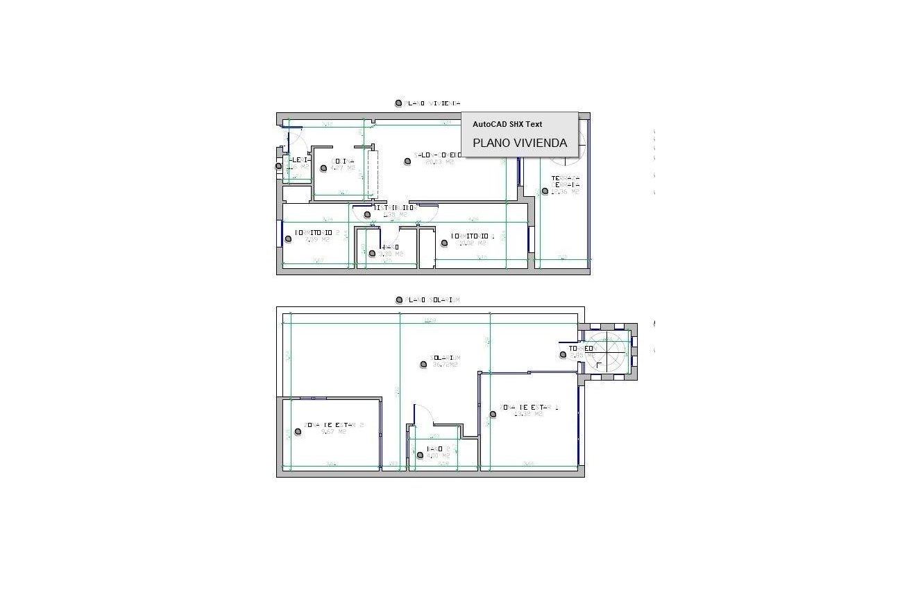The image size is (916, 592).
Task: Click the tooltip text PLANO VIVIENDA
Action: [x=520, y=143]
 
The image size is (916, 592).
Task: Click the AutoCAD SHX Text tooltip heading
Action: [x=507, y=124]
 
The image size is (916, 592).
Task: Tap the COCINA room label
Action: [x=343, y=162]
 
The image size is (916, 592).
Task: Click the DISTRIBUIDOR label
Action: [x=394, y=207]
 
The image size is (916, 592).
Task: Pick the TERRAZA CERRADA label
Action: [x=565, y=182]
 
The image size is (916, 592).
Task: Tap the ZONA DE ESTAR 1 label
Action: [x=528, y=408]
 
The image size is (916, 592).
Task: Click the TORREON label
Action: [x=581, y=349]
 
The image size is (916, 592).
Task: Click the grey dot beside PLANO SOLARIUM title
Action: [x=399, y=300]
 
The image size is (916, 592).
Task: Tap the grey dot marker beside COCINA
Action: [x=323, y=168]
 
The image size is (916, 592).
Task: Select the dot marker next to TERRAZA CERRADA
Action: [x=545, y=191]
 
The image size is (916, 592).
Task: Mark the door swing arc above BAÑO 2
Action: [x=424, y=416]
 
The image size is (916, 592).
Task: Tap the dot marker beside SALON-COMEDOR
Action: [x=407, y=161]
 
